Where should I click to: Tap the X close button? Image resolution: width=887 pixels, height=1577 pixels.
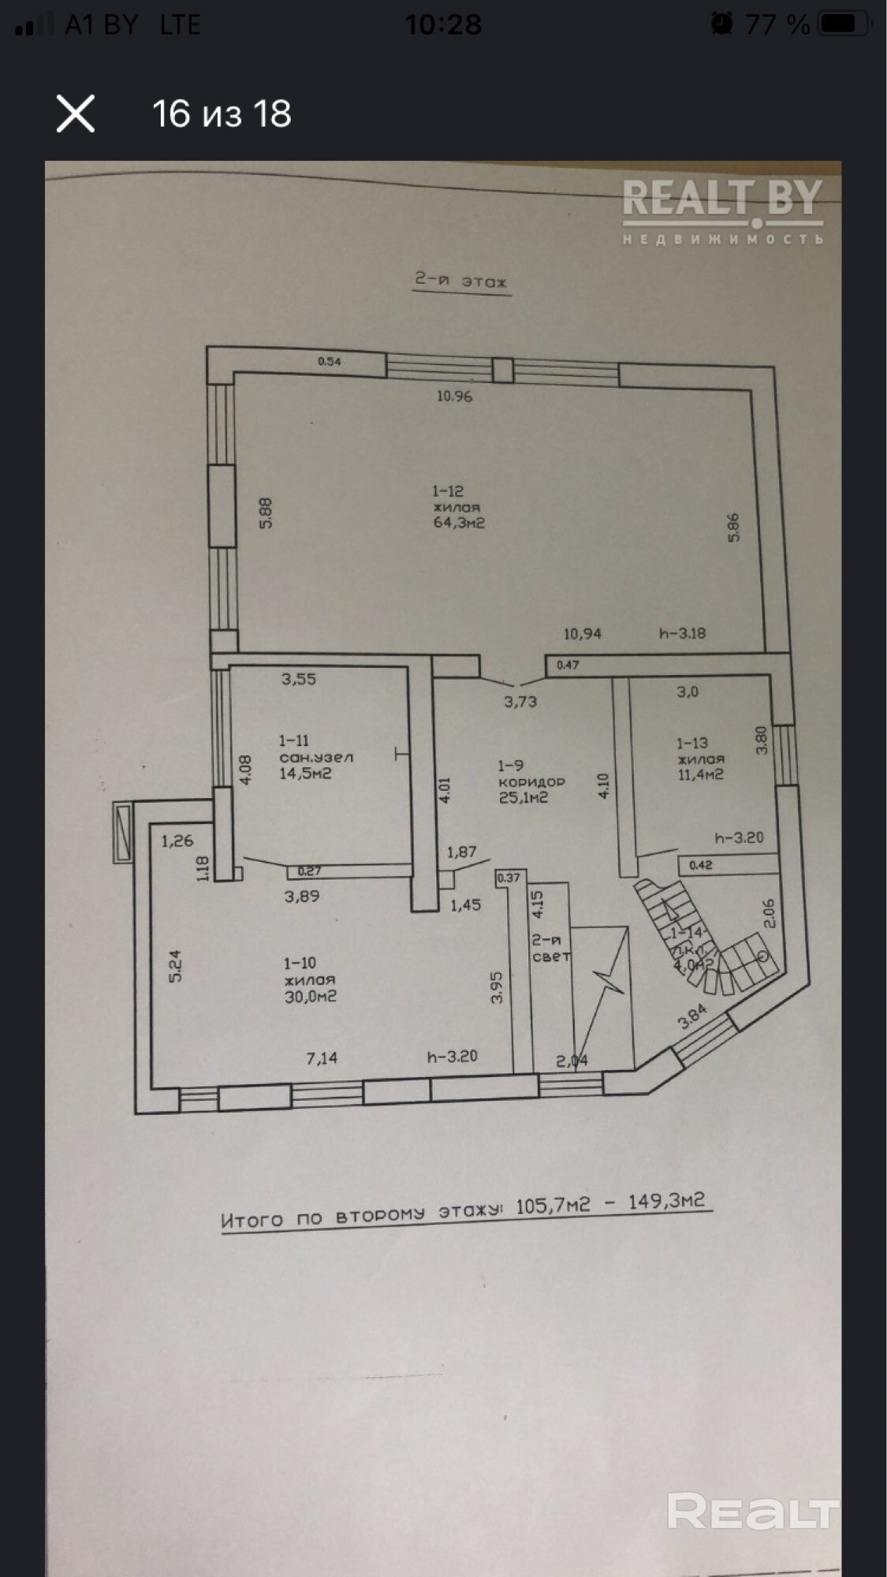(76, 114)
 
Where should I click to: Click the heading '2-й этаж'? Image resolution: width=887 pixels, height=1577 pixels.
(461, 281)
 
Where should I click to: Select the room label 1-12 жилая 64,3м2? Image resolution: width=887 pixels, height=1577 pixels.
(457, 507)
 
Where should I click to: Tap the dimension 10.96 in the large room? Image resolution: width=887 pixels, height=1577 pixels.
(455, 396)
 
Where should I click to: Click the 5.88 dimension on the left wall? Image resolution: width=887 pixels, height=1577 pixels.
(265, 513)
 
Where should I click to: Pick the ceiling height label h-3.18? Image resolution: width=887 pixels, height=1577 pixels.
(682, 632)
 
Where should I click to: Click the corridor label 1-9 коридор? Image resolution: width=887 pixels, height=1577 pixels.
(531, 781)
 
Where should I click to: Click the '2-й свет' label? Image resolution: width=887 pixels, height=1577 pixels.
(550, 948)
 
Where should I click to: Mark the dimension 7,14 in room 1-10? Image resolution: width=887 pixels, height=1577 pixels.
(322, 1057)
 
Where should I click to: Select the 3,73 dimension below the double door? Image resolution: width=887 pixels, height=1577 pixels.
(520, 701)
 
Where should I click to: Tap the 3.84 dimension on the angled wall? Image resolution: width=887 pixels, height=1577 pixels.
(692, 1016)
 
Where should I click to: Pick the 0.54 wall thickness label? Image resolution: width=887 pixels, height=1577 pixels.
(330, 361)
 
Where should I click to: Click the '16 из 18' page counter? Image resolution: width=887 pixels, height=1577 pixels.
(222, 114)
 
